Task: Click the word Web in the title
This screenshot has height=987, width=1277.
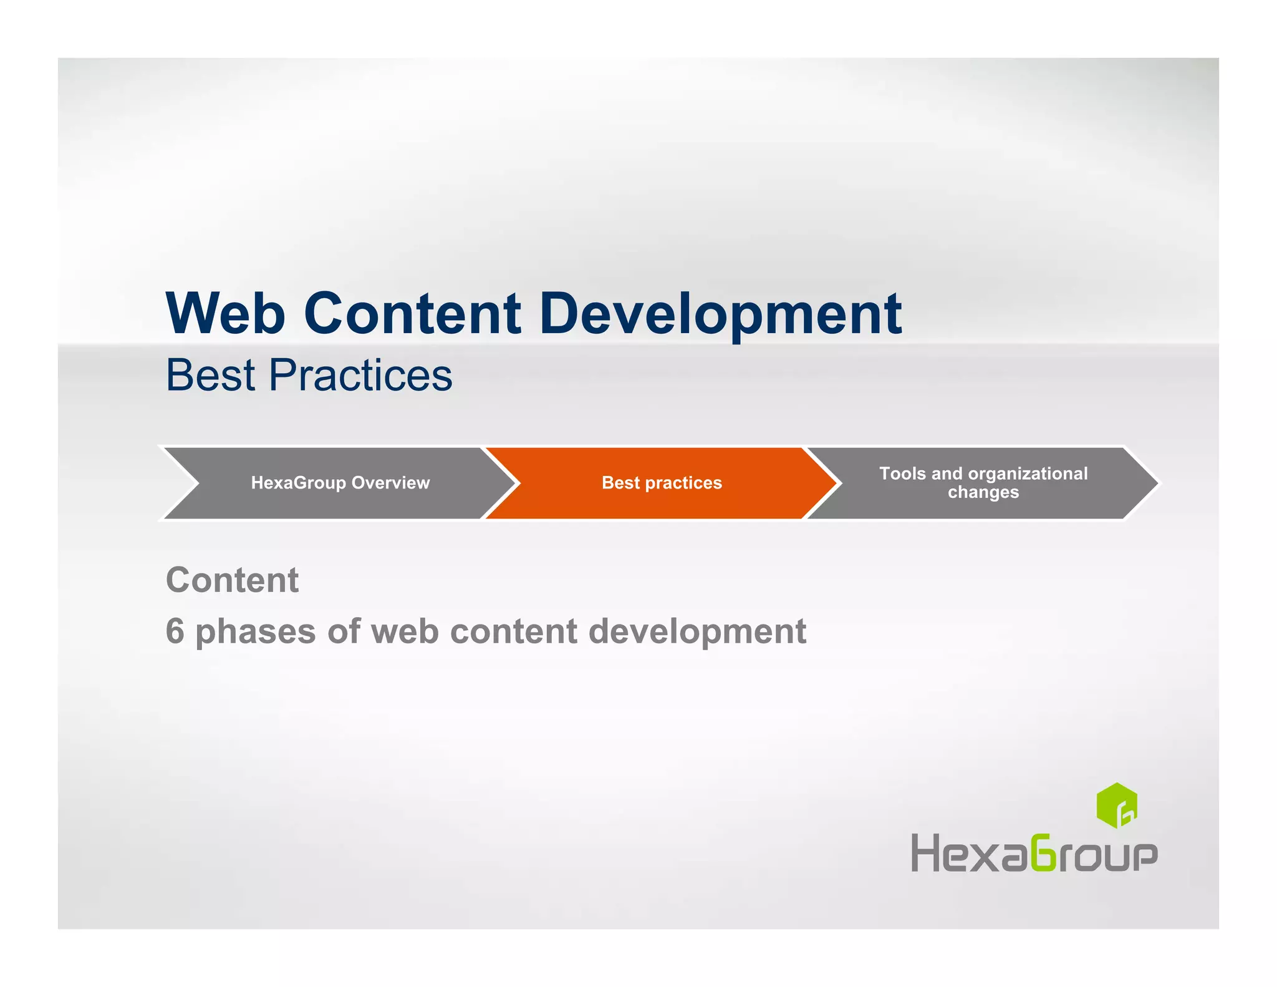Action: [226, 313]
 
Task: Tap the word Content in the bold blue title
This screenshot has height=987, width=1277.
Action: [412, 313]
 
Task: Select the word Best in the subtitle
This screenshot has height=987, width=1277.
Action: [211, 376]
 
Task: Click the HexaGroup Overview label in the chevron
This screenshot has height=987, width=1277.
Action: [340, 483]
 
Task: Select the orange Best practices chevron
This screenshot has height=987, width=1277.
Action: [662, 483]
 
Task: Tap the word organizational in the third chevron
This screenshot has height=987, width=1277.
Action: [1028, 474]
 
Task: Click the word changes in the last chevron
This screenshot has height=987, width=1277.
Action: [983, 492]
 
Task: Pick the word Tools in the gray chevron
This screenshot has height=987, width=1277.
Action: [902, 474]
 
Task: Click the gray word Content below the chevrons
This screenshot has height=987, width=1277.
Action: [232, 580]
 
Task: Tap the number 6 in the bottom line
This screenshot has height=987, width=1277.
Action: [175, 631]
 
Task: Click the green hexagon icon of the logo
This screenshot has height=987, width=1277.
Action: [1116, 805]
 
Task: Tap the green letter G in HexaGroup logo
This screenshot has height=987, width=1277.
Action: [1043, 852]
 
